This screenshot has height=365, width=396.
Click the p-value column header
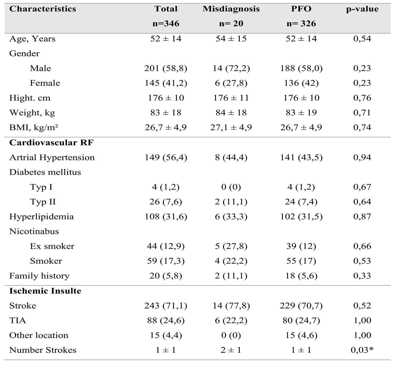pos(362,9)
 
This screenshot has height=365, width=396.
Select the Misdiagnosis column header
pos(231,9)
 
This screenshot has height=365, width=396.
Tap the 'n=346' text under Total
pos(166,24)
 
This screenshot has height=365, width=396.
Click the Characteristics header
pos(43,9)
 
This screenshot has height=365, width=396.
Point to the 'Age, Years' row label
pos(32,39)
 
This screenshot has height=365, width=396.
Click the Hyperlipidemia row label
pos(41,217)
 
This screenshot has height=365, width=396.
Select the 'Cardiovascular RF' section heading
pos(51,143)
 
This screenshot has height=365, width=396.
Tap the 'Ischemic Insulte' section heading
pos(45,291)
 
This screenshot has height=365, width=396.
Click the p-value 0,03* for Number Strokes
pos(362,350)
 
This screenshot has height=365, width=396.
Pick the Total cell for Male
pos(166,68)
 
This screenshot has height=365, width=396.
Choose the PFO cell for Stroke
pos(301,306)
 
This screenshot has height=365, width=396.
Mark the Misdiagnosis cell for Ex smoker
pos(231,246)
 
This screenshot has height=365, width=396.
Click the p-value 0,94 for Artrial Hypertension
pos(362,157)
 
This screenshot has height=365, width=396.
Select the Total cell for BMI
pos(166,128)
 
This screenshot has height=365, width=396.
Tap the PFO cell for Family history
pos(301,276)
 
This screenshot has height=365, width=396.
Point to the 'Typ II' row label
pos(43,202)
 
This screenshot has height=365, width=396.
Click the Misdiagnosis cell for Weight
pos(231,113)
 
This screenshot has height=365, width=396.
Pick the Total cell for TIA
pos(166,321)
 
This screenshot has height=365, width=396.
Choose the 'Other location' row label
pos(39,335)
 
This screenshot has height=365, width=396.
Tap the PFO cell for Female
pos(301,83)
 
